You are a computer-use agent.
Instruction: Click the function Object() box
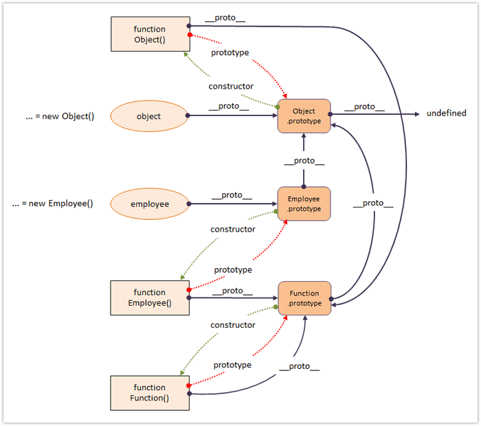click(x=150, y=34)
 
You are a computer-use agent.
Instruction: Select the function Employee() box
click(x=150, y=298)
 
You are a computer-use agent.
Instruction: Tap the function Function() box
click(x=150, y=392)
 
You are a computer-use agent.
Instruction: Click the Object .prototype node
click(x=304, y=116)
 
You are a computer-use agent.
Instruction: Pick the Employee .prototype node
click(x=304, y=203)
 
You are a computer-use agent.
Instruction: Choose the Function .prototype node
click(x=304, y=298)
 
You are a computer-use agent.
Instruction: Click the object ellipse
click(x=148, y=116)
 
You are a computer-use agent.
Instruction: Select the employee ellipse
click(x=150, y=203)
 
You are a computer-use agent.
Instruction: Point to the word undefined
click(x=447, y=113)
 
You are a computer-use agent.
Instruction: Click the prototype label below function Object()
click(x=230, y=52)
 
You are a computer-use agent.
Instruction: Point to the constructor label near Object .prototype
click(x=231, y=87)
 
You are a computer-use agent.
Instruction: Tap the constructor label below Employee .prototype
click(x=233, y=229)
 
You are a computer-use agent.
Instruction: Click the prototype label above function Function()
click(x=232, y=365)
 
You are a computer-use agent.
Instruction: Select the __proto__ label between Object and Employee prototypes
click(x=304, y=161)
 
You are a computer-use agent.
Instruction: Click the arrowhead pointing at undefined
click(x=416, y=113)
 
